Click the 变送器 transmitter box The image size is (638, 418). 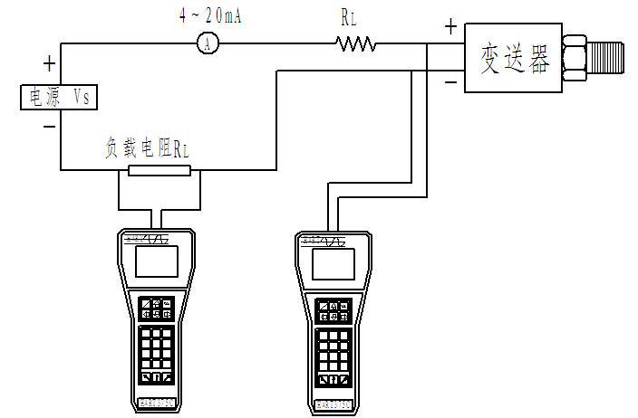point(513,59)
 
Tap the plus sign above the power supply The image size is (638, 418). point(49,64)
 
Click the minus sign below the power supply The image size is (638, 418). point(49,127)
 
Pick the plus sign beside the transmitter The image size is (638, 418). point(450,27)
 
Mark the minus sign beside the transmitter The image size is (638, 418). point(450,83)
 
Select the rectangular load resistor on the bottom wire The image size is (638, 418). point(159,170)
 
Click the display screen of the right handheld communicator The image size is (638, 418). point(333,264)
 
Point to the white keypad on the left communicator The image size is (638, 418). point(157,346)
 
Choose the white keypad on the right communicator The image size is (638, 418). point(333,348)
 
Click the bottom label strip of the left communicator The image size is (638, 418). point(157,402)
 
